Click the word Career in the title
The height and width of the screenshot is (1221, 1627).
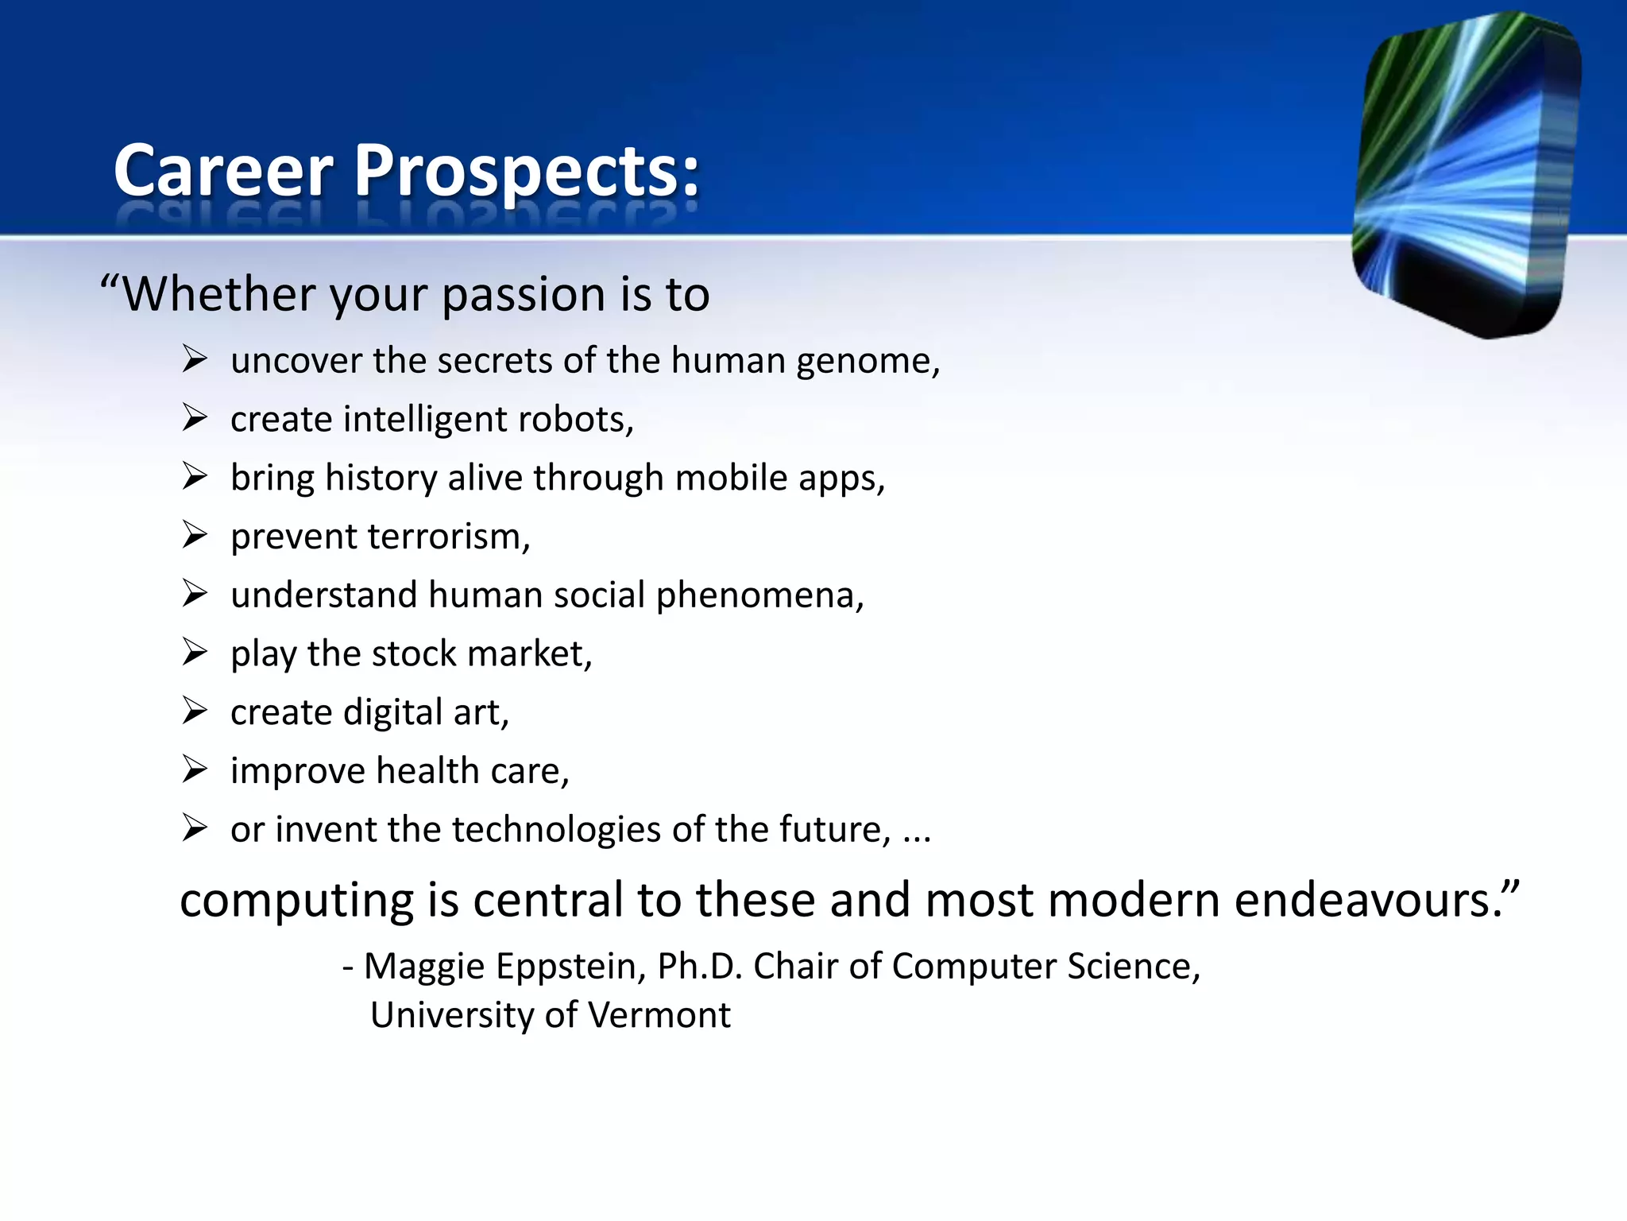[x=223, y=171]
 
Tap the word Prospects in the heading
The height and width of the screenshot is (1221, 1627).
[x=526, y=171]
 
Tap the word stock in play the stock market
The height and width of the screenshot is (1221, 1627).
[x=414, y=653]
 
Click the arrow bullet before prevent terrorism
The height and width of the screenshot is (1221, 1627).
[x=195, y=534]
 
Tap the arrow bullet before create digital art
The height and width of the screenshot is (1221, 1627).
[x=195, y=710]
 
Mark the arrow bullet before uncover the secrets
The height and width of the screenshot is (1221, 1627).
[x=195, y=359]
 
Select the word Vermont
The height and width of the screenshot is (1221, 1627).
[x=659, y=1015]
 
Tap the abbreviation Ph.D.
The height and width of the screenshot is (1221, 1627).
[x=700, y=967]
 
